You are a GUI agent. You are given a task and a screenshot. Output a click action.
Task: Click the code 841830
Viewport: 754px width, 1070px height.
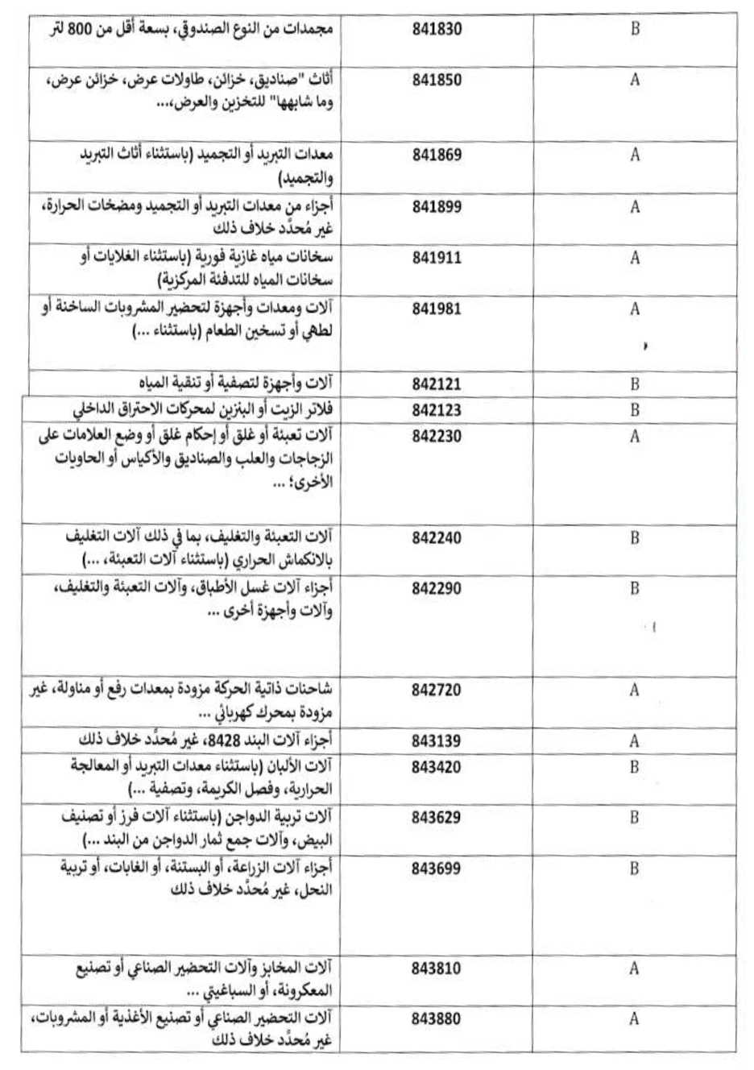pos(437,30)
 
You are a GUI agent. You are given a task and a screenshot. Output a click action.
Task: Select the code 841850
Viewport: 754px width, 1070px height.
pos(437,81)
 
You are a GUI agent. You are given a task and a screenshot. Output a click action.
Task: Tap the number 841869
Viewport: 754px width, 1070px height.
pos(437,155)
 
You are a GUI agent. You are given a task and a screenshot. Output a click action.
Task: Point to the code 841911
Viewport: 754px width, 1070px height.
pos(437,258)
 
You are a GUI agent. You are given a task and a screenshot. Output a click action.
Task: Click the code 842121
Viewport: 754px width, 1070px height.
pos(437,384)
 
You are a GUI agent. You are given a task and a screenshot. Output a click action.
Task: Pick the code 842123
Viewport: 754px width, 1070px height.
pos(437,410)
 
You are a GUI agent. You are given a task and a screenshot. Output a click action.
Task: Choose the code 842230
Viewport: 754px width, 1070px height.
pos(437,436)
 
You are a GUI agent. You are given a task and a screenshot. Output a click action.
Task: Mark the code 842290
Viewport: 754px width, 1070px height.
pos(437,588)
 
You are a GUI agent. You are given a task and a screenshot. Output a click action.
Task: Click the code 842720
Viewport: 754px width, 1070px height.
pos(437,690)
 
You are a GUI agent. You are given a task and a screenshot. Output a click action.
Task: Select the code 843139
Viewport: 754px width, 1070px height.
pos(437,741)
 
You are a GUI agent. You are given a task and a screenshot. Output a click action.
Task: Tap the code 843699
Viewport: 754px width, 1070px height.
pos(437,869)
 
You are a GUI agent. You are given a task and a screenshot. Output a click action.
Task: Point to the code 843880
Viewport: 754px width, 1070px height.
pos(437,1019)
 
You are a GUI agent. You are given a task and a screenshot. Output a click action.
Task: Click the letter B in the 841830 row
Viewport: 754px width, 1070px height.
pos(635,30)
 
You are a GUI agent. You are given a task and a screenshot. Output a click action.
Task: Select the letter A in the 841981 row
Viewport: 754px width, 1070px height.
pos(635,309)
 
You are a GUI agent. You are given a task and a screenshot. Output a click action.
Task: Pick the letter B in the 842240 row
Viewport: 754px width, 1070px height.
pos(635,537)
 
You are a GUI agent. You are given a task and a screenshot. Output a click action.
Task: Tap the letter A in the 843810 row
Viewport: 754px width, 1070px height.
pos(635,968)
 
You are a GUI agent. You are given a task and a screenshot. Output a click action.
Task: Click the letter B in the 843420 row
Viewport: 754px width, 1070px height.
pos(635,767)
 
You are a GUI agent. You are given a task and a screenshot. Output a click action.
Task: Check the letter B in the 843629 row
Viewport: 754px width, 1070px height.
pos(635,818)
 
